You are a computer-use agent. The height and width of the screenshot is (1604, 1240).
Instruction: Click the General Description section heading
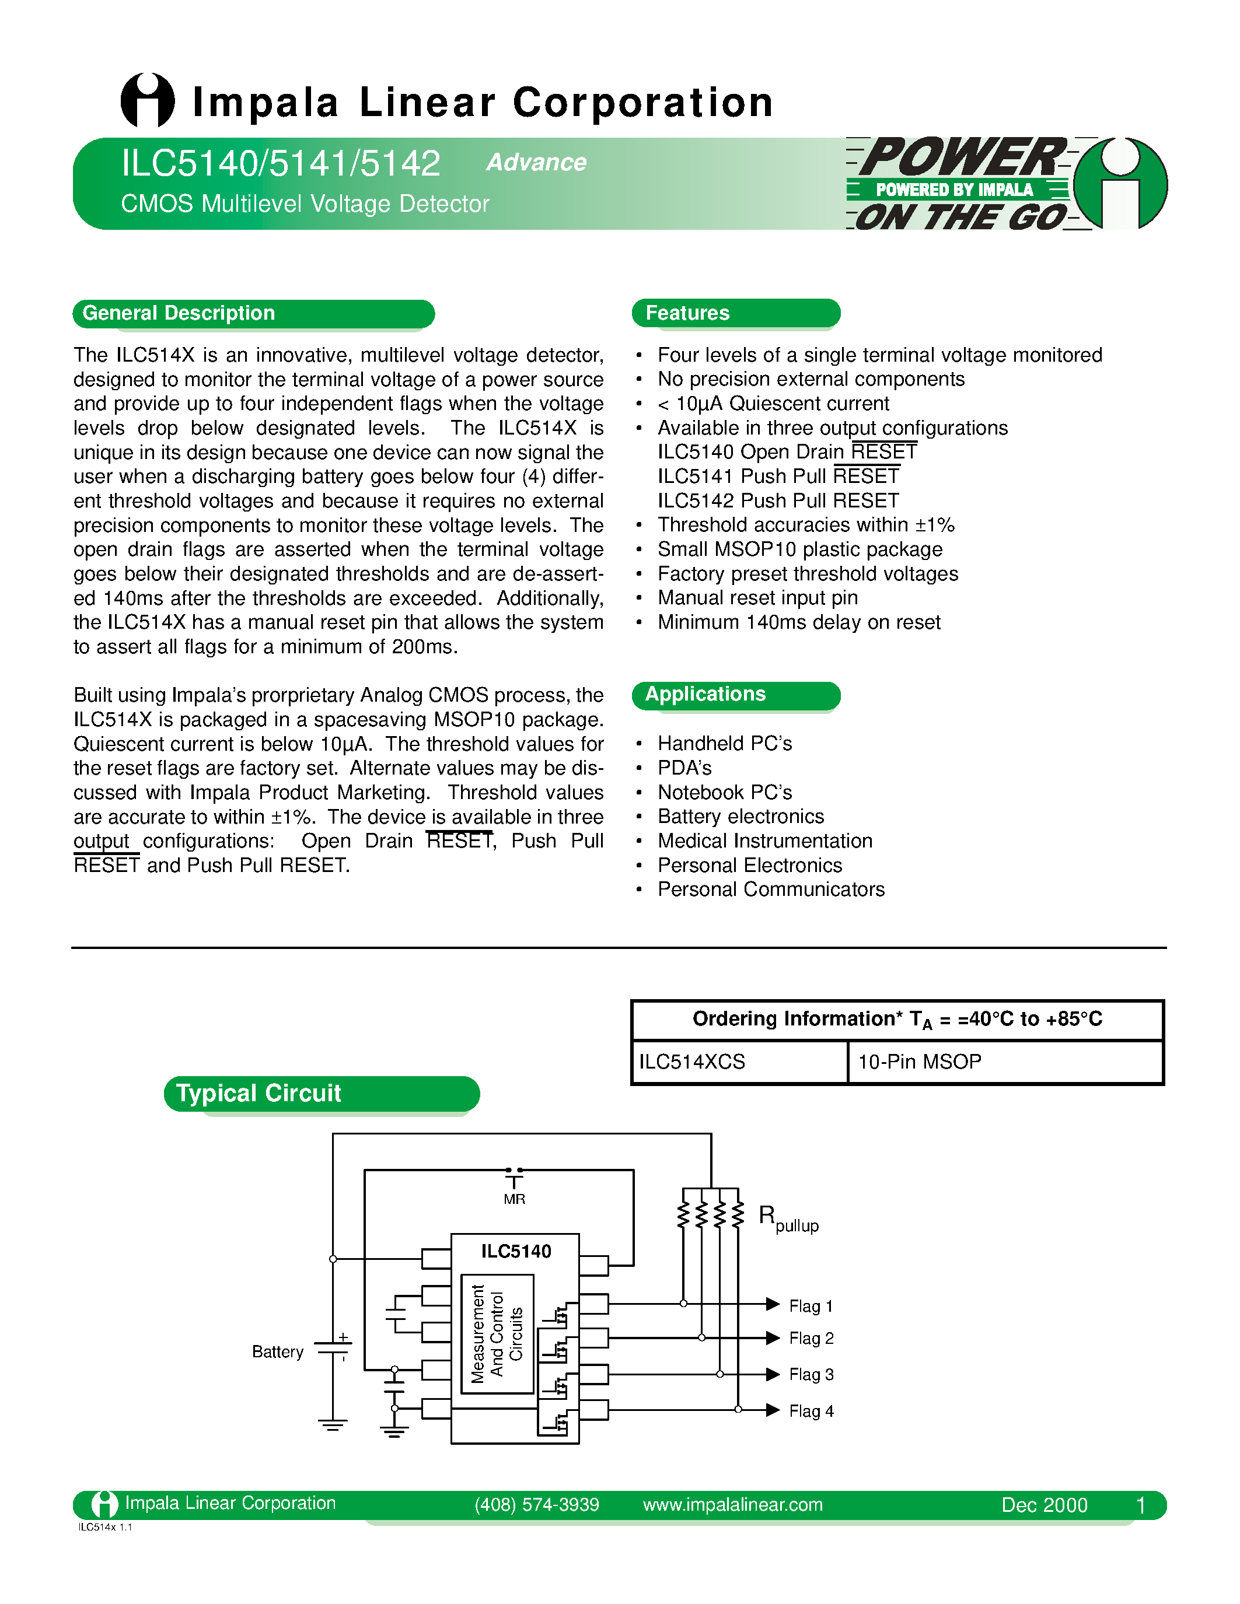179,314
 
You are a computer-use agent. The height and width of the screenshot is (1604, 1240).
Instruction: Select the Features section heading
687,314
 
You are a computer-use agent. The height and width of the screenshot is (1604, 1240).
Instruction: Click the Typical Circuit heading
259,1094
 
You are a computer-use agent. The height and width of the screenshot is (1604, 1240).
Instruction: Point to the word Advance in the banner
536,162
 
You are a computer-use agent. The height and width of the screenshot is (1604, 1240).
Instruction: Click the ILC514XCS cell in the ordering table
692,1062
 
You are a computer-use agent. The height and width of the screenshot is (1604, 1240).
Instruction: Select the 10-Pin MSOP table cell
919,1062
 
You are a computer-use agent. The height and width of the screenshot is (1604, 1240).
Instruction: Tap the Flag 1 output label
811,1307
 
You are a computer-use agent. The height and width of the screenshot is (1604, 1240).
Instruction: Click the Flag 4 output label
811,1412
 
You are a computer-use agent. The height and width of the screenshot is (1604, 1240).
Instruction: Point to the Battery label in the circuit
277,1352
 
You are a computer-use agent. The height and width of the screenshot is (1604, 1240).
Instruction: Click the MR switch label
514,1199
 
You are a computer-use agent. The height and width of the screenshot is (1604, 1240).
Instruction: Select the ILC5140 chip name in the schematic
516,1252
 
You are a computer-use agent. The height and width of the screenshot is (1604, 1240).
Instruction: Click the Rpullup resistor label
788,1218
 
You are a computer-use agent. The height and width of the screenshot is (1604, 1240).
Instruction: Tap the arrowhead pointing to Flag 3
773,1374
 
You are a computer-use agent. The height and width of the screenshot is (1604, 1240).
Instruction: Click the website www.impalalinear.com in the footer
732,1505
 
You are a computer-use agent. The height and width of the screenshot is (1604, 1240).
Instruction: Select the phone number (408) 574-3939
536,1505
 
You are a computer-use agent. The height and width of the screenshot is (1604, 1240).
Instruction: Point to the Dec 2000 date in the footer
1044,1505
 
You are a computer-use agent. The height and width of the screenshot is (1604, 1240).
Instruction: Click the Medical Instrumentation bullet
765,841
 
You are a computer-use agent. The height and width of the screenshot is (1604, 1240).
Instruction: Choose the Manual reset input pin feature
757,598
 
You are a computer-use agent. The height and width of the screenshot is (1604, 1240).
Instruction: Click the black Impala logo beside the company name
148,101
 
